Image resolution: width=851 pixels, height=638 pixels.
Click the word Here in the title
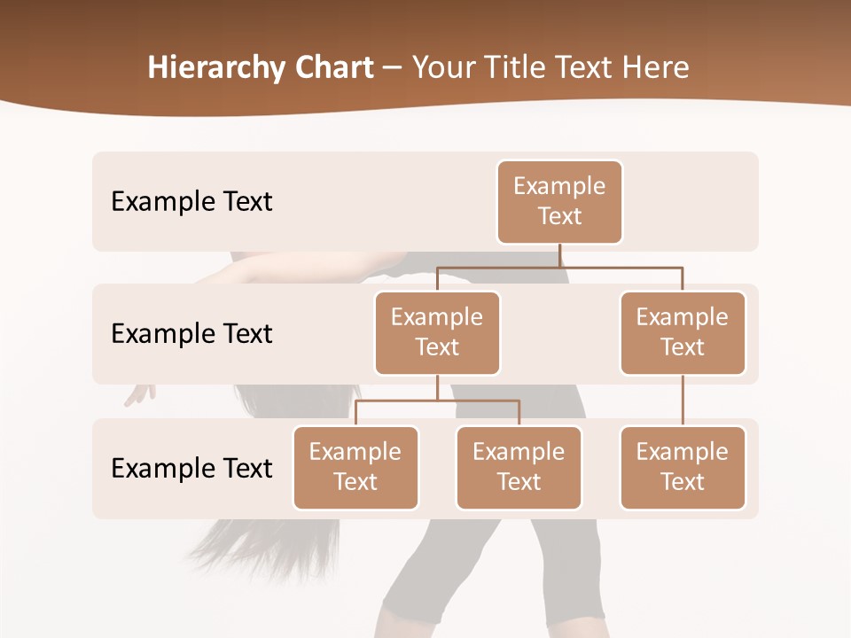coord(654,67)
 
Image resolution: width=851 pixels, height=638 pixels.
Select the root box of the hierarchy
coord(559,202)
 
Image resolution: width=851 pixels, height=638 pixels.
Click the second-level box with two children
coord(437,333)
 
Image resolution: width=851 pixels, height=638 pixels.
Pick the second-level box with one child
coord(683,333)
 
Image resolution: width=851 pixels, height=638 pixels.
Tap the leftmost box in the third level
coord(355,468)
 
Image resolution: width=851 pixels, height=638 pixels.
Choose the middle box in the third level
coord(519,468)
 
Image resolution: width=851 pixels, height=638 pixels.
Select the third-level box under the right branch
coord(683,468)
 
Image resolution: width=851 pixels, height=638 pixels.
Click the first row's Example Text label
coord(191,202)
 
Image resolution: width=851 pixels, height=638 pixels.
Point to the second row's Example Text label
coord(191,334)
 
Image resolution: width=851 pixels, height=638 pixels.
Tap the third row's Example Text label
coord(191,468)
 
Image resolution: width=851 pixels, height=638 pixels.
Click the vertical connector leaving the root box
coord(559,255)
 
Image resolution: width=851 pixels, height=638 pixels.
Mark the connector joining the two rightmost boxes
coord(683,401)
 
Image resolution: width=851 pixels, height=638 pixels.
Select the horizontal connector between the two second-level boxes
coord(559,266)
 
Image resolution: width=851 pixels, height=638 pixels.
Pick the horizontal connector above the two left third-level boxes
coord(437,401)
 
